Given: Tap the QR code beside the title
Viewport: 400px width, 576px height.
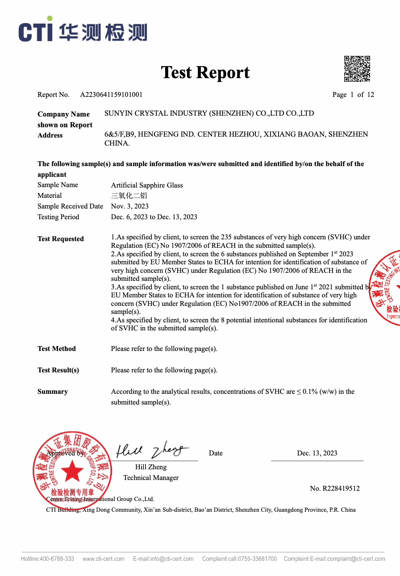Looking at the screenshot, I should point(357,69).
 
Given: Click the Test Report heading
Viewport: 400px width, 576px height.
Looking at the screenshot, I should point(205,72).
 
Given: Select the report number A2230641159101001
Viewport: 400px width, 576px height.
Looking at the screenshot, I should point(111,95).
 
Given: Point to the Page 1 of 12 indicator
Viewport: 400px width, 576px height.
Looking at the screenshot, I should point(353,95).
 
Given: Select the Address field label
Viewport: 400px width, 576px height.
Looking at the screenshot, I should point(50,135).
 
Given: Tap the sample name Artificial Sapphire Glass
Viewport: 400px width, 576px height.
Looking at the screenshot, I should point(147,185).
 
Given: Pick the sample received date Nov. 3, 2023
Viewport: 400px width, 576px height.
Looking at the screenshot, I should point(130,206).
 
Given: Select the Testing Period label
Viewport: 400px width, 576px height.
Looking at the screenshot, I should point(58,217).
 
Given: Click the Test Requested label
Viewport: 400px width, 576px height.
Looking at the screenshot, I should point(61,239).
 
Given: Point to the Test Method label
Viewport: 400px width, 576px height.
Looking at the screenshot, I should point(57,349).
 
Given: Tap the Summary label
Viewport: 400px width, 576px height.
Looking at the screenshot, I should point(53,392).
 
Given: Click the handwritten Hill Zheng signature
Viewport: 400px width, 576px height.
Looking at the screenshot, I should point(152,451).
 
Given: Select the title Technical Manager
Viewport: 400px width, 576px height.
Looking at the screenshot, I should point(151,478).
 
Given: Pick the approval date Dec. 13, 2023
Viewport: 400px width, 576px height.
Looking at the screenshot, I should point(317,453).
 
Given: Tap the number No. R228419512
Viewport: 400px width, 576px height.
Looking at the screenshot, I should point(335,488).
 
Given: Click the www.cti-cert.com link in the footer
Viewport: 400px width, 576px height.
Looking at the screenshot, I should point(104,559).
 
